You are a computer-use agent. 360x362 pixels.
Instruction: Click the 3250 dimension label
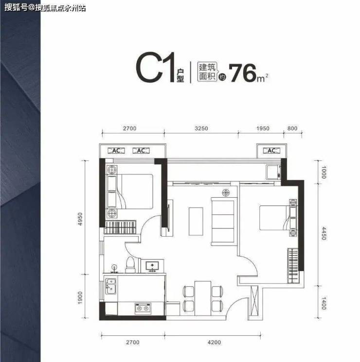pos(201,128)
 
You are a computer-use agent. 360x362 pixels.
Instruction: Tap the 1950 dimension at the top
pos(263,128)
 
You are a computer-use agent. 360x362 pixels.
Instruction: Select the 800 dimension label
pos(292,128)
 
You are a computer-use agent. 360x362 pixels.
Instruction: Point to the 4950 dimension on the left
pos(80,219)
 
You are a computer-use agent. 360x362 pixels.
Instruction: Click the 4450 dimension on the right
pos(324,233)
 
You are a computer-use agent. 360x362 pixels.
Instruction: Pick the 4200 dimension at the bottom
pos(214,342)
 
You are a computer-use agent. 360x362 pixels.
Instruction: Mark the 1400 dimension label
pos(324,303)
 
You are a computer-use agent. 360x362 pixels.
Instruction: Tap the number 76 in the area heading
pos(243,73)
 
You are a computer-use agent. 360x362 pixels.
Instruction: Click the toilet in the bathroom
pos(130,265)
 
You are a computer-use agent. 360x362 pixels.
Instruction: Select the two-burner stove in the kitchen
pos(143,309)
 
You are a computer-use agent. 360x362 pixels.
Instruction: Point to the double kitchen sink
pos(111,286)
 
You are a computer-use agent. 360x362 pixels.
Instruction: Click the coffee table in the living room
pos(196,222)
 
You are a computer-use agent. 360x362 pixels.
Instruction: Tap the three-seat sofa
pos(223,222)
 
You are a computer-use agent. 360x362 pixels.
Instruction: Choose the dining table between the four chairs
pos(203,298)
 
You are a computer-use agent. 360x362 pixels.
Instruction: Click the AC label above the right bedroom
pos(271,151)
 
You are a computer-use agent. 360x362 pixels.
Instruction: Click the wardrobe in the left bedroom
pos(120,227)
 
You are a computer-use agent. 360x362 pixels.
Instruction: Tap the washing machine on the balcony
pos(273,172)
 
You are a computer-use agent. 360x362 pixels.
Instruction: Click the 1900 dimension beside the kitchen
pos(80,298)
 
